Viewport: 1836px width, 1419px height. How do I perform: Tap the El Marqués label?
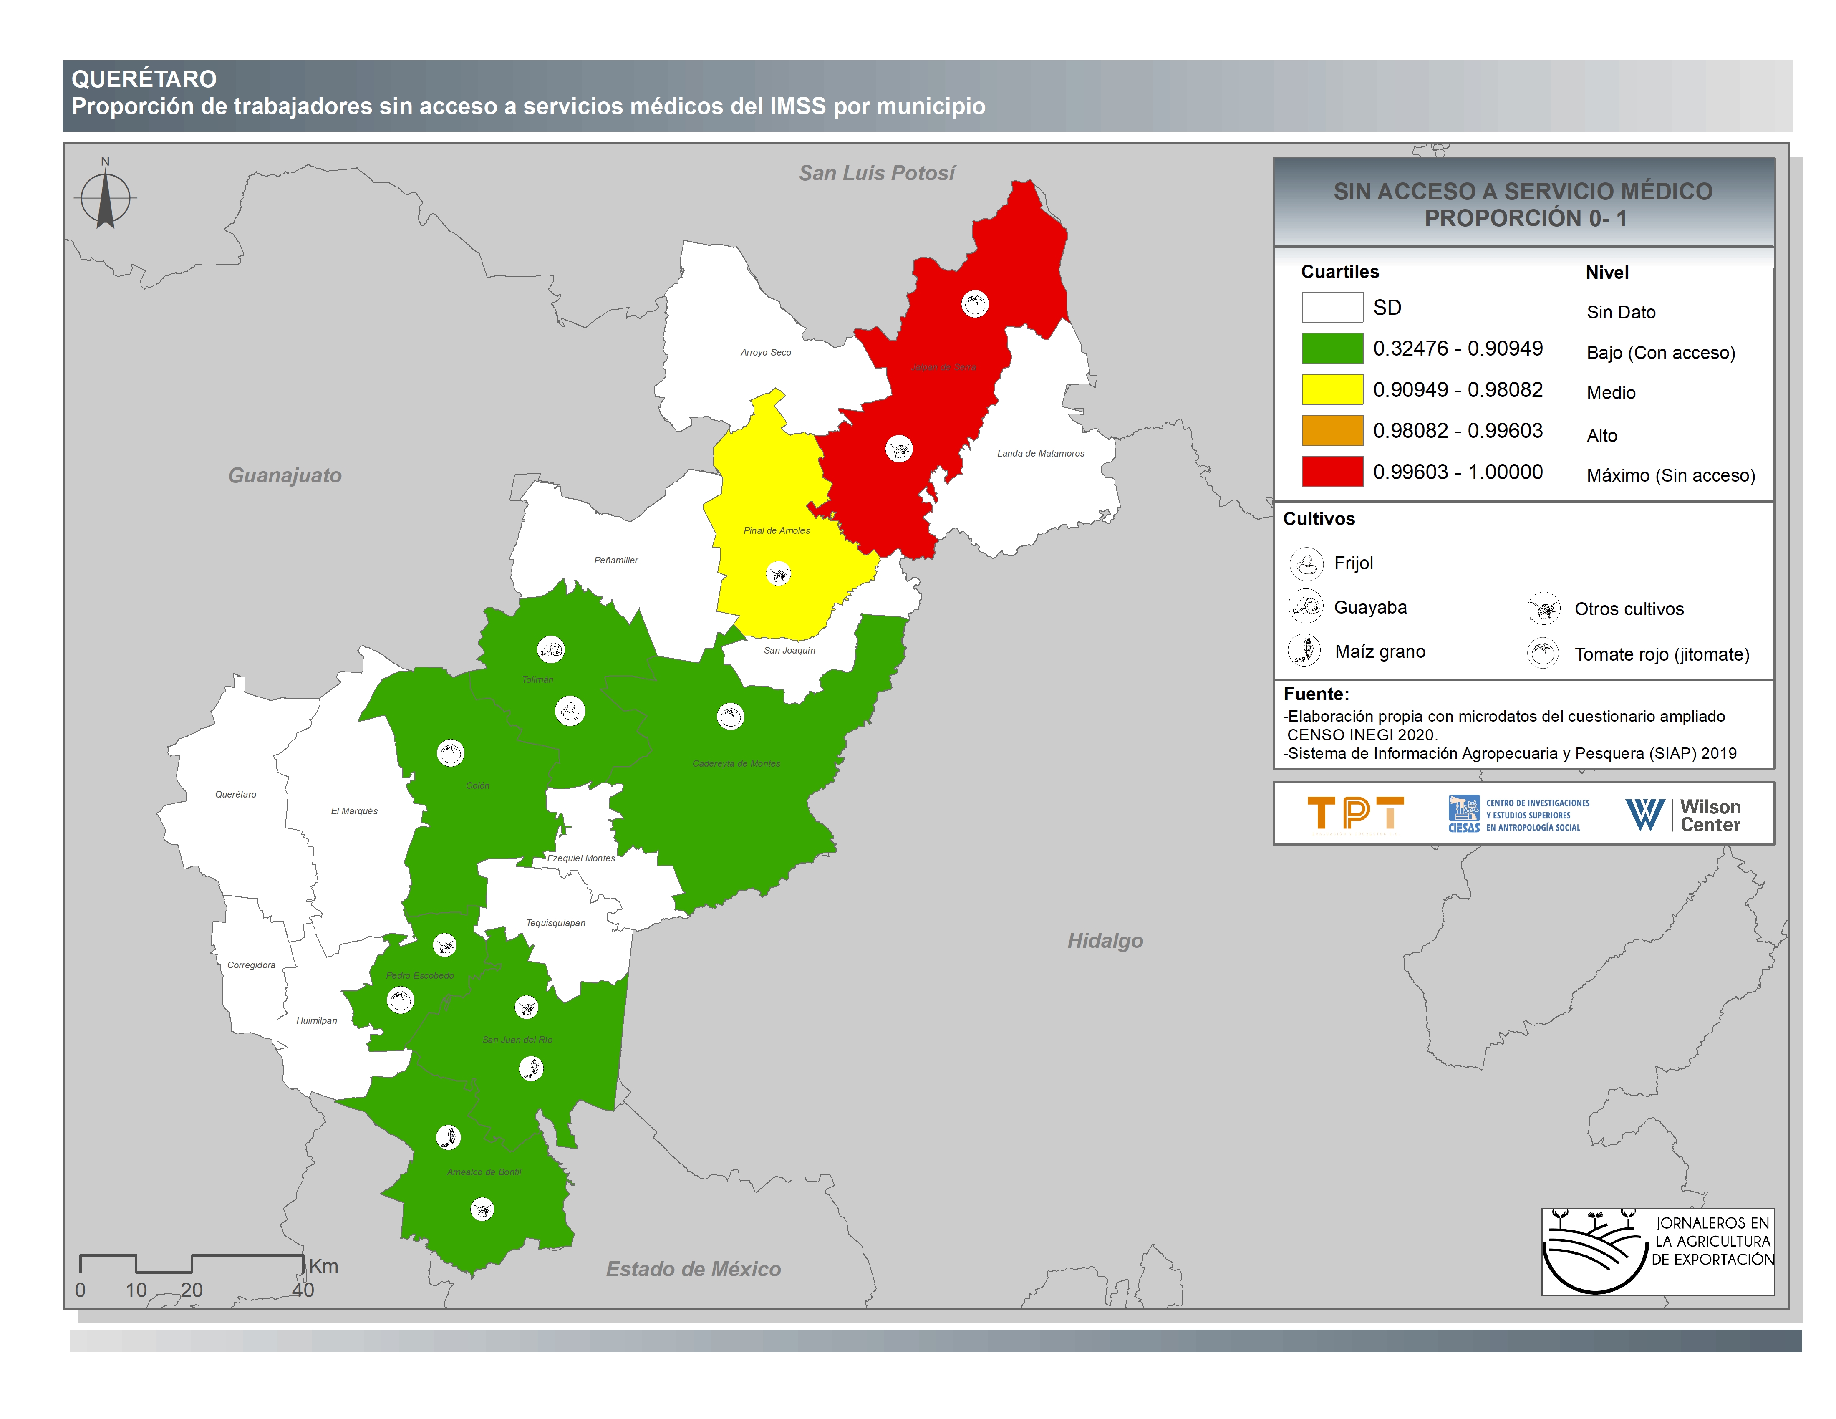coord(354,811)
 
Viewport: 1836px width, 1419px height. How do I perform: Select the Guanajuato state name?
coord(285,476)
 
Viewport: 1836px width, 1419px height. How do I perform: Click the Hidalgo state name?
coord(1105,941)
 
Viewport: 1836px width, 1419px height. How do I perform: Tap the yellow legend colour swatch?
coord(1332,389)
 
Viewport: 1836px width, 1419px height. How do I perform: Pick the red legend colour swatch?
coord(1332,472)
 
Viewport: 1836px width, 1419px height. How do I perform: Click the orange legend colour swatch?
coord(1332,430)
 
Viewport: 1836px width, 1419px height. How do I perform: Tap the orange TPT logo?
coord(1355,814)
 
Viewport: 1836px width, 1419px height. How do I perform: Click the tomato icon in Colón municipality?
coord(451,752)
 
